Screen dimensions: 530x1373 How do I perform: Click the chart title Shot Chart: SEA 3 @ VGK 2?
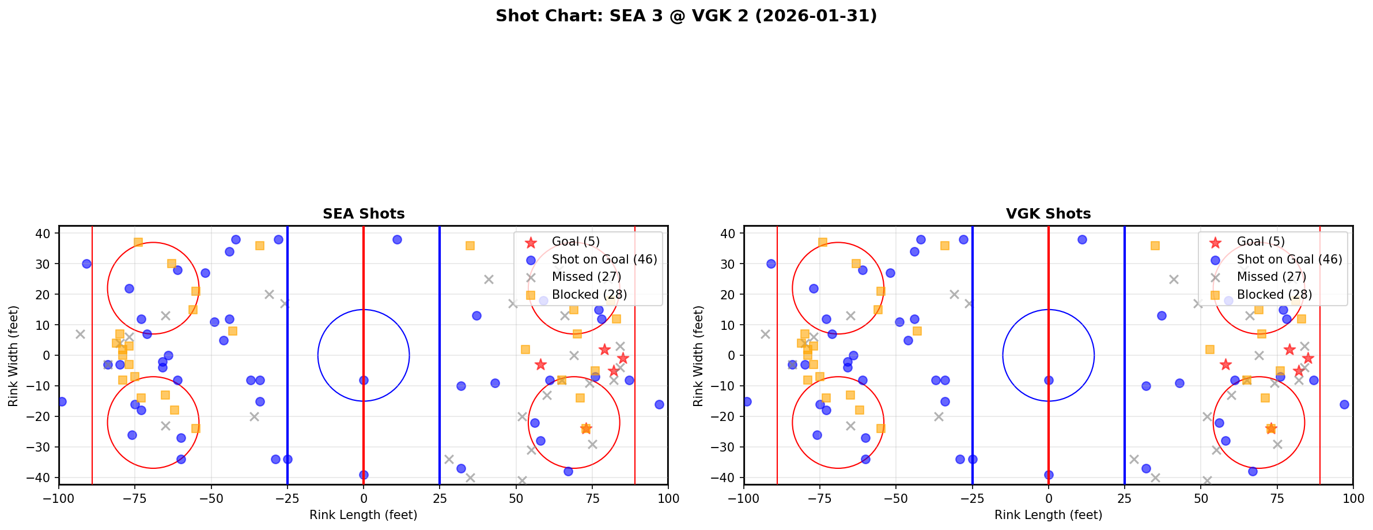(686, 16)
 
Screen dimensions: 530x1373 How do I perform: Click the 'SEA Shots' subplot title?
(364, 214)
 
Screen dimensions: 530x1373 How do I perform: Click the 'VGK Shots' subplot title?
(1048, 214)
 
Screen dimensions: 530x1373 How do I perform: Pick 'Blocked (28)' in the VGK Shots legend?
(1274, 295)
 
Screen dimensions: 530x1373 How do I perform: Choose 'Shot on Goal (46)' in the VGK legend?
(1289, 260)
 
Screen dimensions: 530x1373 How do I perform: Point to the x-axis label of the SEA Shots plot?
(364, 515)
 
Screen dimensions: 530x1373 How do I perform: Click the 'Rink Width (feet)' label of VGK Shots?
(698, 356)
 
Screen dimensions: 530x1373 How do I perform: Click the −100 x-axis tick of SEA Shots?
(59, 498)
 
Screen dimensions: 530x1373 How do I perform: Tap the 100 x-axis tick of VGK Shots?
(1352, 498)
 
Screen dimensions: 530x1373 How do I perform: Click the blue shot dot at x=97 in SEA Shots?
(659, 404)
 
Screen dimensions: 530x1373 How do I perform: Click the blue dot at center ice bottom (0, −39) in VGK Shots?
(1049, 475)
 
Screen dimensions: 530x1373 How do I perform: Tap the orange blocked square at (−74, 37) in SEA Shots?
(138, 242)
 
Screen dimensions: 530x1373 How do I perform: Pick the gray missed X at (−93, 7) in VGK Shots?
(765, 334)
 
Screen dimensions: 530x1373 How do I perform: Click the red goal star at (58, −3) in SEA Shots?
(540, 364)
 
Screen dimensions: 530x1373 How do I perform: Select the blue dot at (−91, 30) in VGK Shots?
(771, 264)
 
